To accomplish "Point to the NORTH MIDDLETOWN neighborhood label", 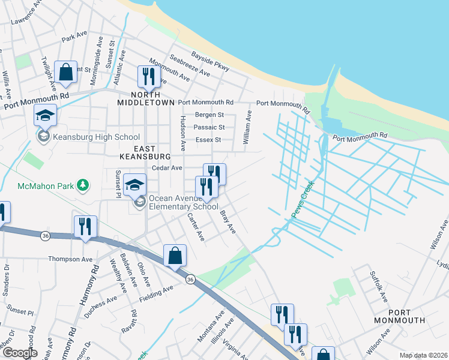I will [x=146, y=99].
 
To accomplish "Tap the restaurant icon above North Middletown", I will [x=147, y=76].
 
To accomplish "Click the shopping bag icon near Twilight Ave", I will [x=65, y=72].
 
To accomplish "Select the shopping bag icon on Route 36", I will [x=174, y=255].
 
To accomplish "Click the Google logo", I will [x=20, y=353].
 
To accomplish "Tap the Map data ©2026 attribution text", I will [x=423, y=355].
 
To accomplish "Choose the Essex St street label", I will [x=208, y=140].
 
